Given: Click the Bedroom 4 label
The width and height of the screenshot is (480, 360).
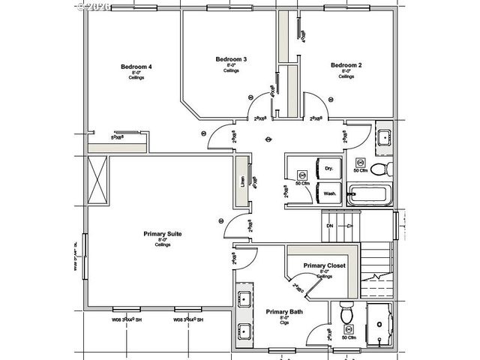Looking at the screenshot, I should click(x=136, y=67).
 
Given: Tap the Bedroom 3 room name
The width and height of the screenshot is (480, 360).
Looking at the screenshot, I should click(x=231, y=59).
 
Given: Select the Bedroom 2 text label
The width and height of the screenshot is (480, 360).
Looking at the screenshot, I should click(x=346, y=65).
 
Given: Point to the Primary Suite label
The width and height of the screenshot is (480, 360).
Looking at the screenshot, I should click(x=163, y=234).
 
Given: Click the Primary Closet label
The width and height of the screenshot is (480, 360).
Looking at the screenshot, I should click(x=324, y=265).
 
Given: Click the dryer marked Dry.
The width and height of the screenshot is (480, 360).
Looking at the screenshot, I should click(x=328, y=169).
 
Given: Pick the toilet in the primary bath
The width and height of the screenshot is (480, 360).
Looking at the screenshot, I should click(x=346, y=314).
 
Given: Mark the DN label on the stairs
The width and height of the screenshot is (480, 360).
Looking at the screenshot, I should click(x=328, y=226).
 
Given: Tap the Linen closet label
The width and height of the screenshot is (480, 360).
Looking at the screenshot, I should click(x=242, y=181).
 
